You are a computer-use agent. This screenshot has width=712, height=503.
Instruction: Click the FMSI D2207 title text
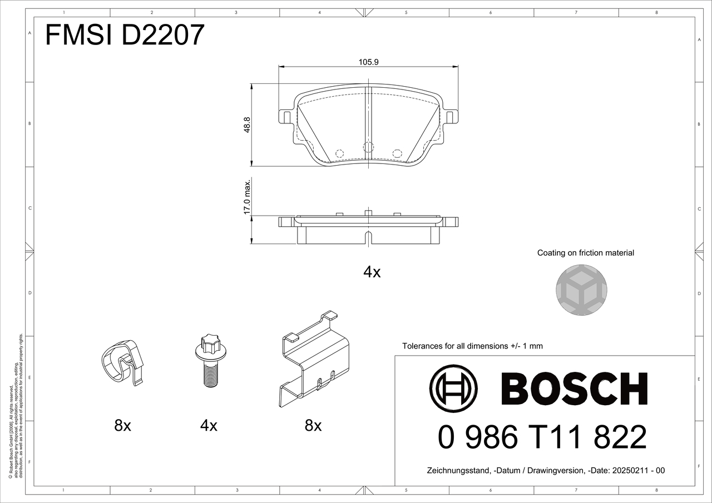(125, 35)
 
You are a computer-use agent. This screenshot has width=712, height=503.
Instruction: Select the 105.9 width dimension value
(368, 62)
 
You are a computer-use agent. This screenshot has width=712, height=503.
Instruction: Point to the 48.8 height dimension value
(247, 125)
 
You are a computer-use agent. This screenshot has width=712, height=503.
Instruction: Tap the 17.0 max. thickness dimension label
(247, 197)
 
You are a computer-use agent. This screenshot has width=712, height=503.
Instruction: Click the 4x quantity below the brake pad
(372, 272)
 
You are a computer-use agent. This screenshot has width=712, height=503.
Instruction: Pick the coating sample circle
(581, 290)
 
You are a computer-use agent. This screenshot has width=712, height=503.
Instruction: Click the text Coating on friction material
(586, 253)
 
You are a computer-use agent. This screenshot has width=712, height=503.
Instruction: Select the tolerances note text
(472, 346)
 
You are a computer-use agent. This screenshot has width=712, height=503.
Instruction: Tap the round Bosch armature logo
(453, 389)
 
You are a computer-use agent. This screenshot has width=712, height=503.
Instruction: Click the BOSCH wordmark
(574, 389)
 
